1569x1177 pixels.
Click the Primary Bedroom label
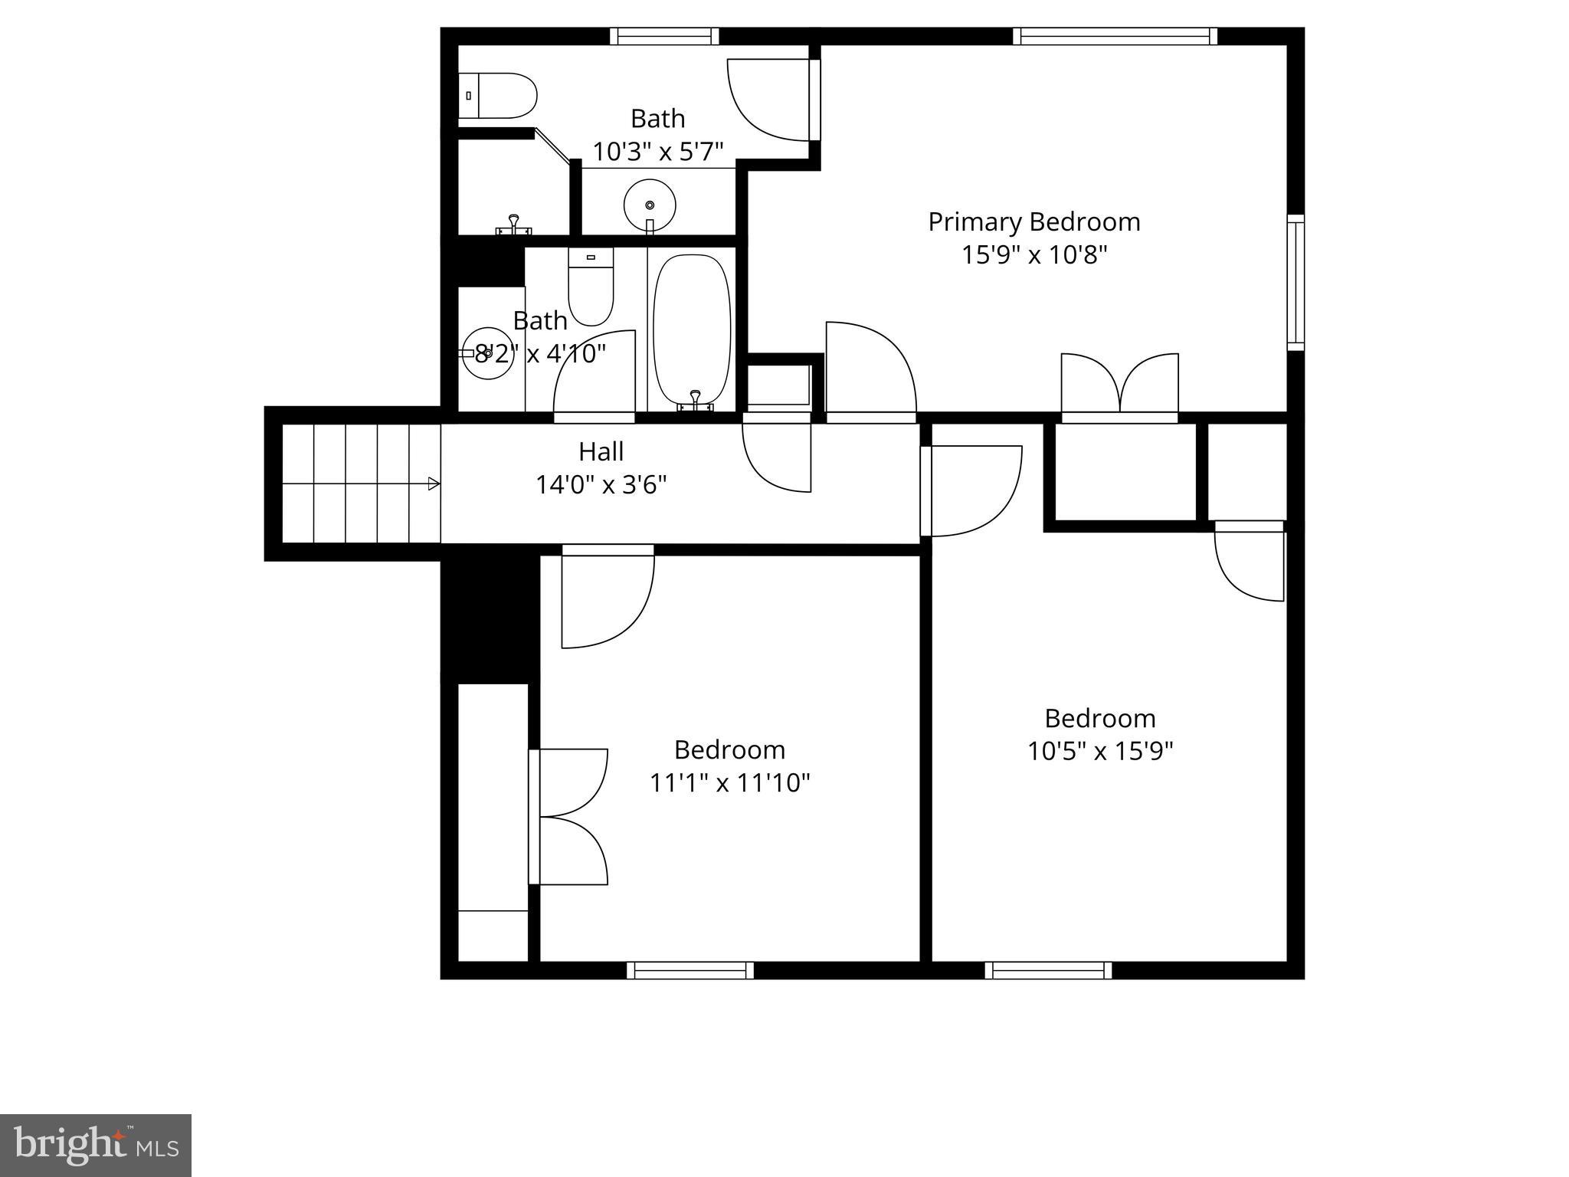coord(1033,222)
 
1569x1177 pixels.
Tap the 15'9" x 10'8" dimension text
coord(1033,255)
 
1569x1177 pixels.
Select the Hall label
coord(601,451)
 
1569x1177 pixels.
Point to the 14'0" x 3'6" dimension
coord(601,485)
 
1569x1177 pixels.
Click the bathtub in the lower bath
coord(692,329)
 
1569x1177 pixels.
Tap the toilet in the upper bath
coord(498,96)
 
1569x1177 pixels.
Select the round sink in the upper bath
coord(650,205)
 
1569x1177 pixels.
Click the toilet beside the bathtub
coord(591,287)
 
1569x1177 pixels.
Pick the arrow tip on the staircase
coord(434,484)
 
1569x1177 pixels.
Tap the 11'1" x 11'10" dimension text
coord(729,783)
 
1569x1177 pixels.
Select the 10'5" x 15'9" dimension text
coord(1099,751)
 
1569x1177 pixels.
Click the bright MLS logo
coord(95,1146)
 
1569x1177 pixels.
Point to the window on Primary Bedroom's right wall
coord(1295,282)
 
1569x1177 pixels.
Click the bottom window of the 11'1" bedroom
coord(690,971)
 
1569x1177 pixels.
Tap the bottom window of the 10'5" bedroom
coord(1048,971)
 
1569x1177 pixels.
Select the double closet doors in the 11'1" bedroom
coord(569,817)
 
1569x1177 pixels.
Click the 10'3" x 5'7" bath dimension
coord(657,152)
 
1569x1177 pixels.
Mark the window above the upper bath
coord(664,36)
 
